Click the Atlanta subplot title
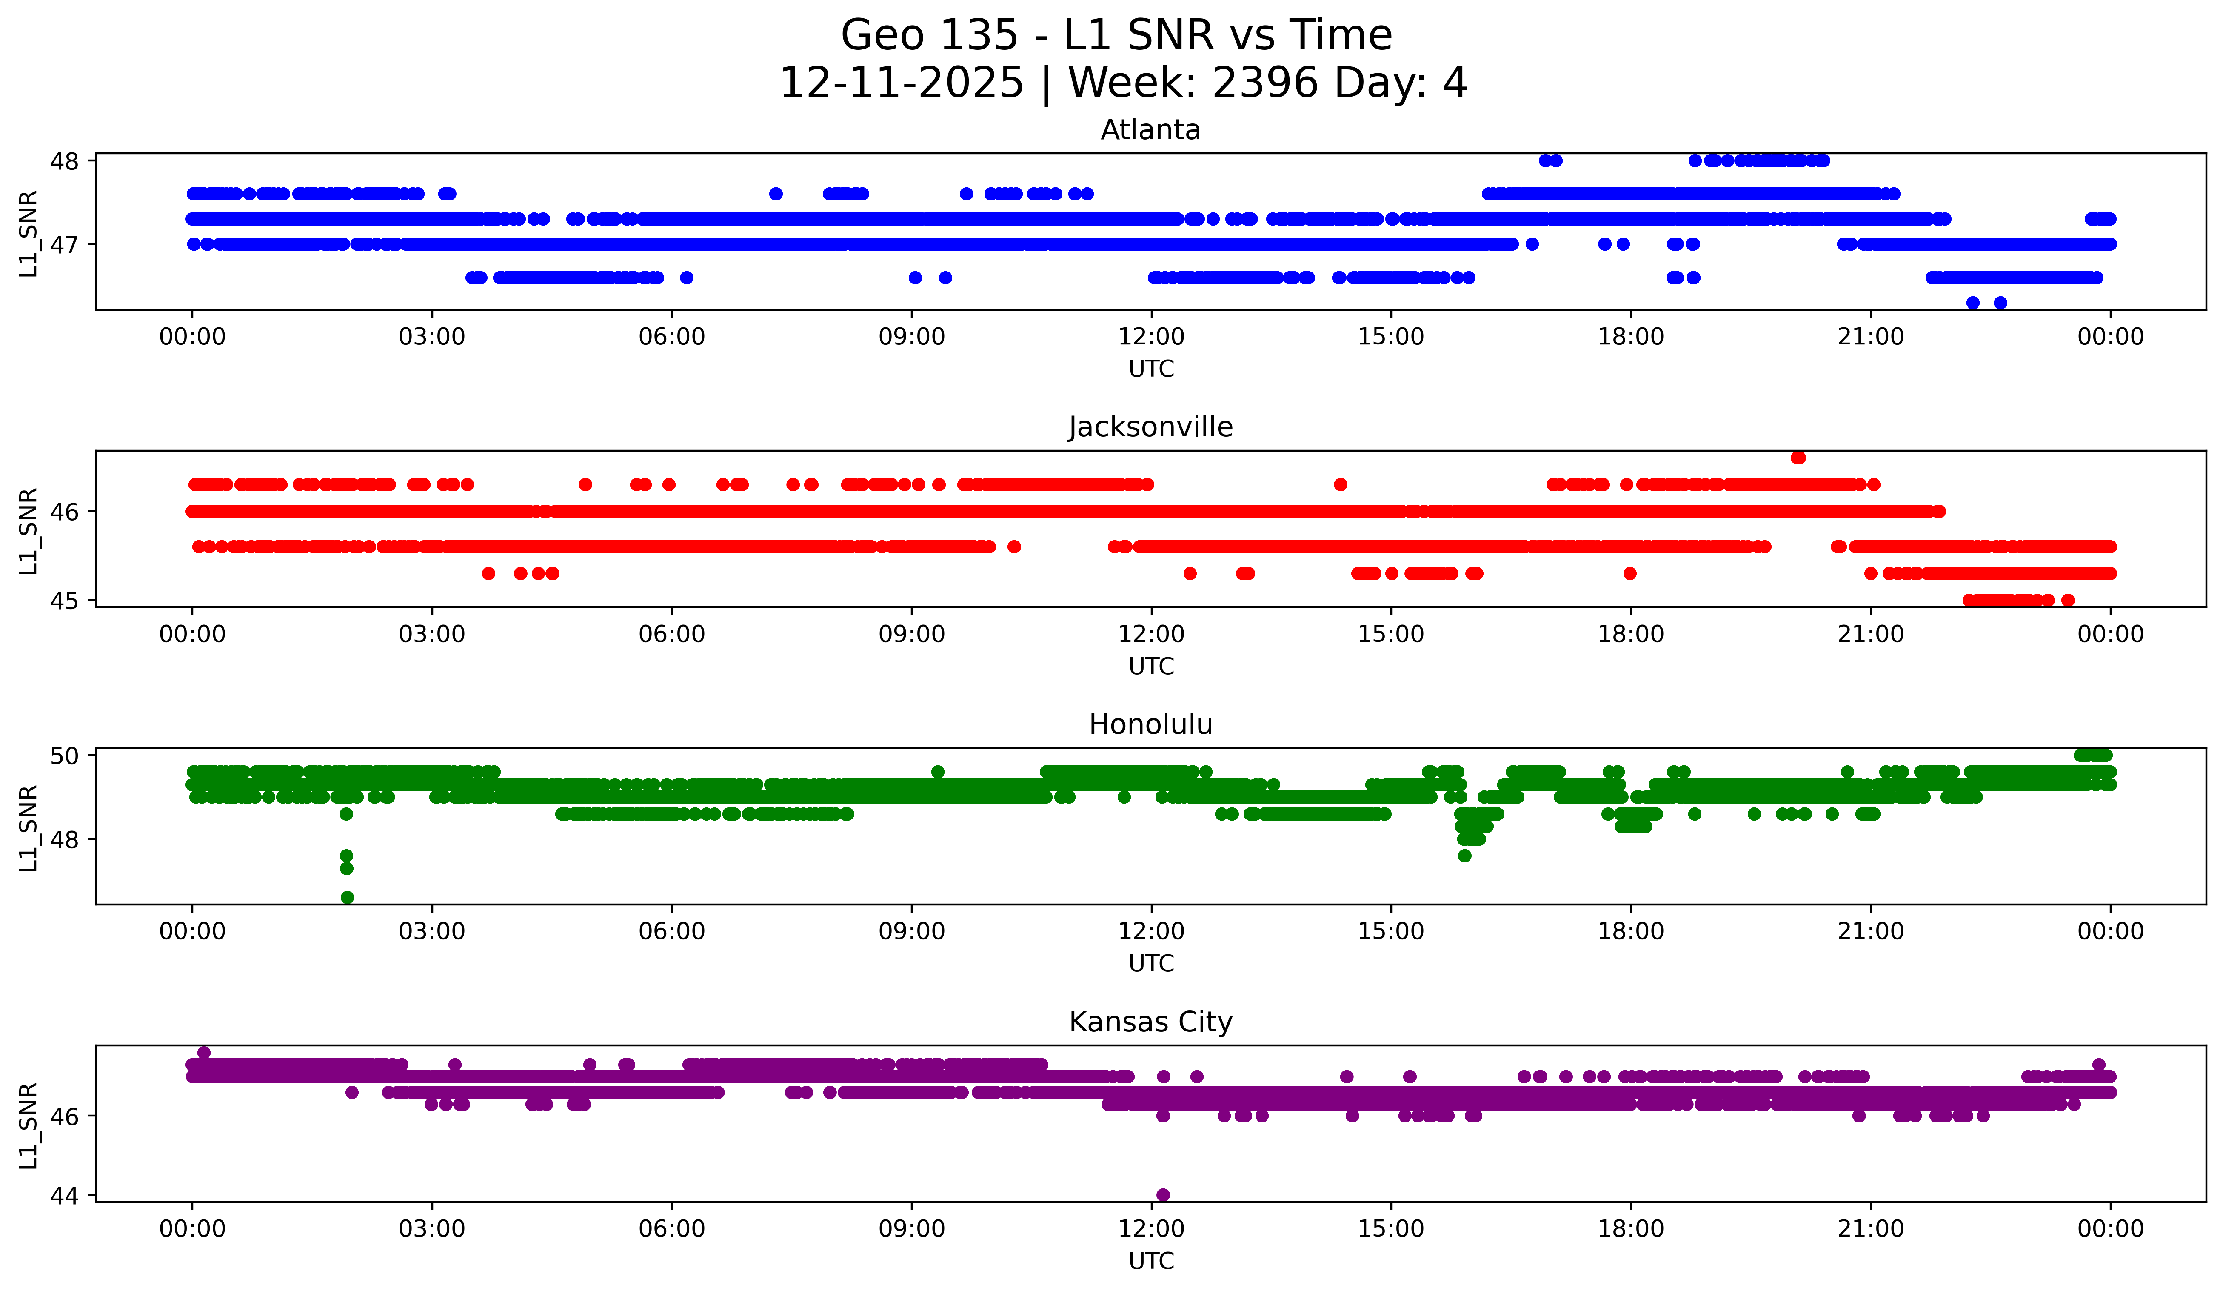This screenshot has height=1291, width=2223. coord(1150,130)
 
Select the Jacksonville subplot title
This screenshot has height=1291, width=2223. coord(1150,427)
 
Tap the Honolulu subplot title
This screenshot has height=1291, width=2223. coord(1150,724)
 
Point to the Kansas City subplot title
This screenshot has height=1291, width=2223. coord(1150,1022)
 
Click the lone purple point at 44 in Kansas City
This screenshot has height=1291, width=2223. coord(1163,1195)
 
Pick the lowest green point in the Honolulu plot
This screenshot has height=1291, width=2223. coord(347,897)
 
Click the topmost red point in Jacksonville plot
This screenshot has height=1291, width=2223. coord(1798,457)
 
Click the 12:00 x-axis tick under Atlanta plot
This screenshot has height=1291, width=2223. coord(1151,336)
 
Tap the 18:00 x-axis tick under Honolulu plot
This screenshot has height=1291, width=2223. coord(1630,931)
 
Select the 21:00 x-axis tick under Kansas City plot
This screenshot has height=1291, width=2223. coord(1870,1228)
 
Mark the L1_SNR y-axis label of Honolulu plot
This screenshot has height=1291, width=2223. coord(28,828)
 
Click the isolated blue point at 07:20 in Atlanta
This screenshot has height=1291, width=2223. coord(776,193)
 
